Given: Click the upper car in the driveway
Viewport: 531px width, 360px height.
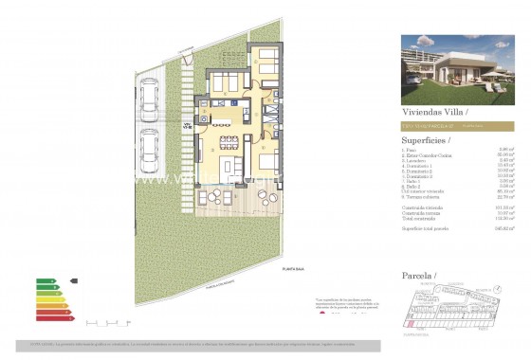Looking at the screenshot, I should point(149,96).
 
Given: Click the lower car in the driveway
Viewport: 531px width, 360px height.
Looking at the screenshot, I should point(149,147).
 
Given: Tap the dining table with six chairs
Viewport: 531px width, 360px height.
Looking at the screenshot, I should point(228,144).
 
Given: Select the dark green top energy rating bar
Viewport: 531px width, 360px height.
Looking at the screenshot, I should point(44,281).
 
